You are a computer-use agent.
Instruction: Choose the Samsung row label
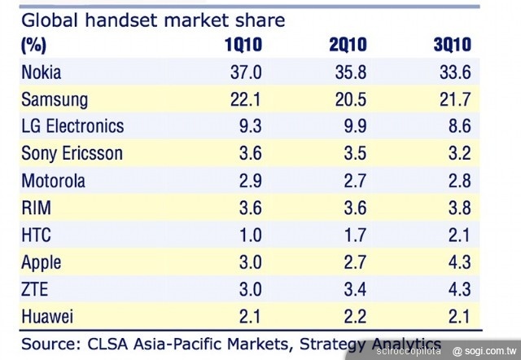[55, 99]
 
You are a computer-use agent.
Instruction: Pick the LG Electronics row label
[73, 125]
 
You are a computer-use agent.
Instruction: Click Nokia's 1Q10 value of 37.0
[245, 72]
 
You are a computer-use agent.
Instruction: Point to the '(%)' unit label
[33, 45]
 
